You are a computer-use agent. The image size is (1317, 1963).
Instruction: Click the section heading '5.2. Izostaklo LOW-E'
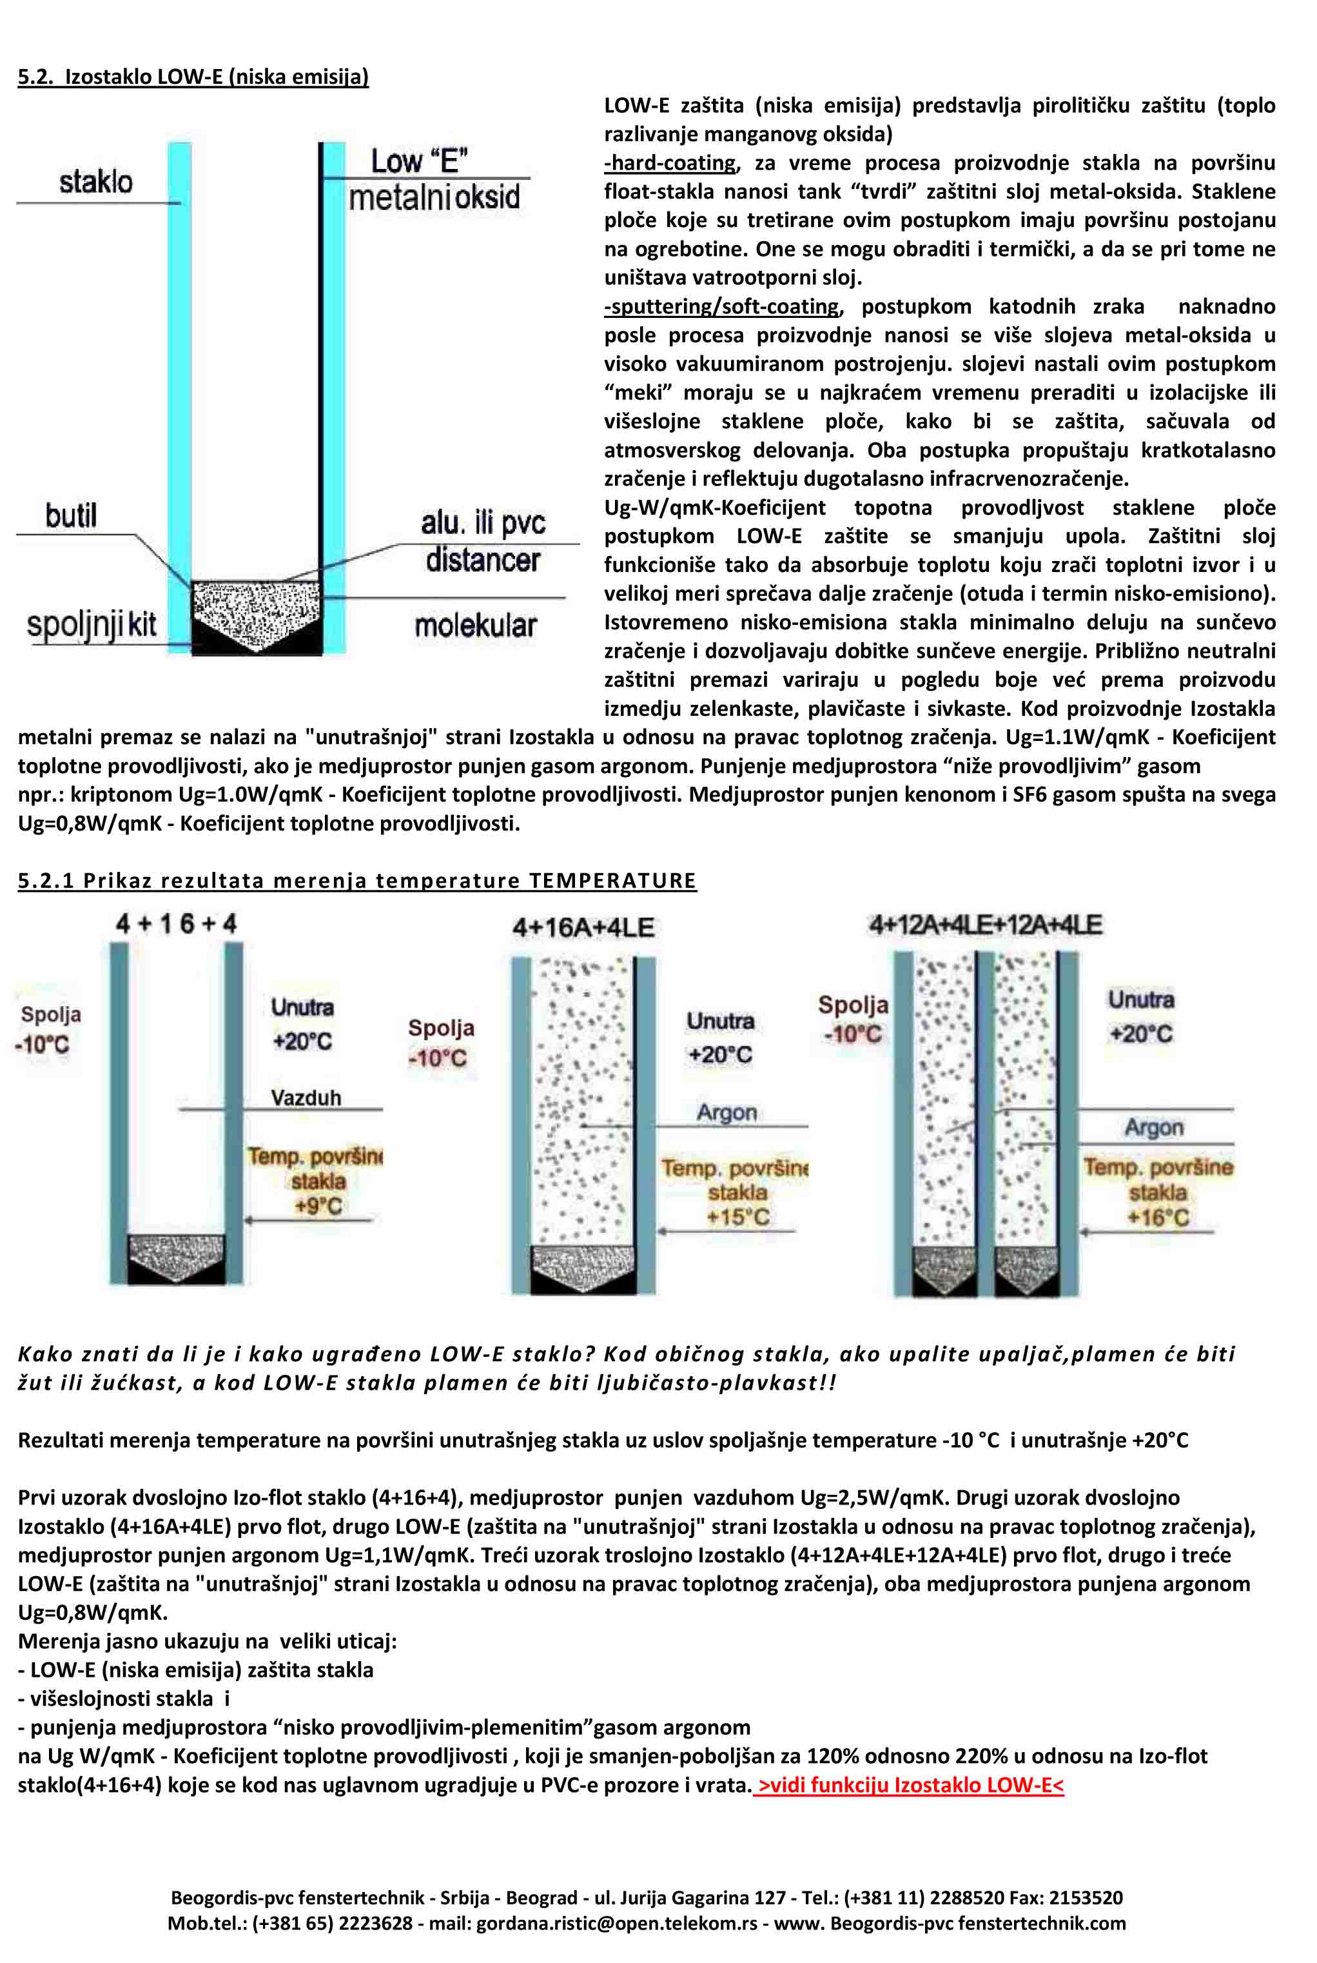coord(193,77)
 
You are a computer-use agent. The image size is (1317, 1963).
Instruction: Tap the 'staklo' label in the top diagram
coord(96,181)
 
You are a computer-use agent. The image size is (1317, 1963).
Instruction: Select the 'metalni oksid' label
coord(434,197)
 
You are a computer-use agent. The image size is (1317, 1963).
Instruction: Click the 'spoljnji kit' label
coord(92,625)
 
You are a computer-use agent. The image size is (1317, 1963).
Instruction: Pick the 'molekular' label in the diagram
coord(475,625)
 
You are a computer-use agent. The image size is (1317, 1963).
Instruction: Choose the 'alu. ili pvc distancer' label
coord(483,541)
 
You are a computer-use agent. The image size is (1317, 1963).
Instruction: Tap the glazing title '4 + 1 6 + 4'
coord(177,924)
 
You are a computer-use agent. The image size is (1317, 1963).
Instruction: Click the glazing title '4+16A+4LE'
coord(584,927)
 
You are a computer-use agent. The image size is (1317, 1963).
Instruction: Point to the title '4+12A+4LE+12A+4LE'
coord(985,925)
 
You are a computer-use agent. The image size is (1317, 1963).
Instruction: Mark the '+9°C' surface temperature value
coord(318,1205)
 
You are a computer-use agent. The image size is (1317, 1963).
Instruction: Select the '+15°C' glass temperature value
coord(737,1216)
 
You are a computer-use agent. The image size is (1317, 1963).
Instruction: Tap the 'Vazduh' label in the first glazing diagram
coord(306,1098)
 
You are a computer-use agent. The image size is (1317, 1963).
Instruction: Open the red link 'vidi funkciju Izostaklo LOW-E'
coord(910,1784)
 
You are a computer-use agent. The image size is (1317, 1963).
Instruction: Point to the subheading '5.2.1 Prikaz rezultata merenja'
coord(357,880)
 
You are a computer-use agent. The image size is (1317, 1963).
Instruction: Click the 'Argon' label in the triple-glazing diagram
coord(1154,1127)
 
